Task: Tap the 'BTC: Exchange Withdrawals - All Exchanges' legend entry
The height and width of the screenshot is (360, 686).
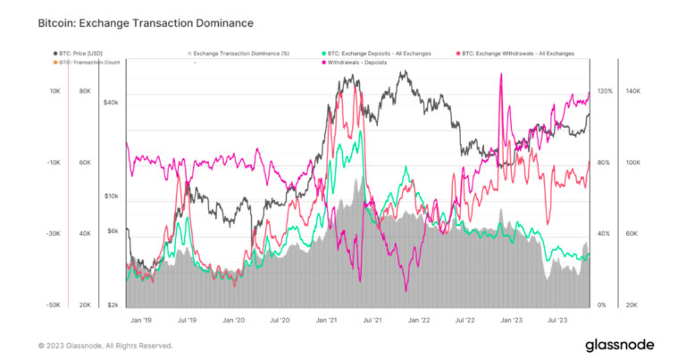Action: (517, 54)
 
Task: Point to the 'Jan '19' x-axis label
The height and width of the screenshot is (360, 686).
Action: (142, 318)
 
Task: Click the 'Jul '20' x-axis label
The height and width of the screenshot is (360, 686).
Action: (280, 318)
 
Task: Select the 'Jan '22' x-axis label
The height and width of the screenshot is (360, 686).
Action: (419, 318)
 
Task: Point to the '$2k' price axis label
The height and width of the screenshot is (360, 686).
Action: (113, 306)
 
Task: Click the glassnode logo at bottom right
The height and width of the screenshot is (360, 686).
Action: (619, 345)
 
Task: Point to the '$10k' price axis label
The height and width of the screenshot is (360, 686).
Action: (112, 196)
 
